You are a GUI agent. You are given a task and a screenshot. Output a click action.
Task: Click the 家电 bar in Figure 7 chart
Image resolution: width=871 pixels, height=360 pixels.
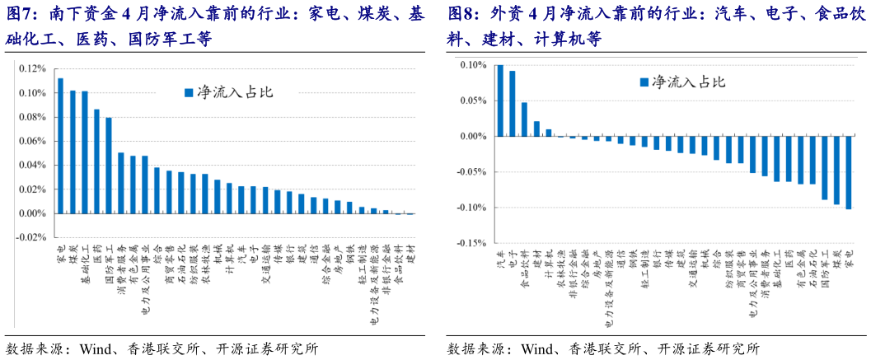(x=61, y=146)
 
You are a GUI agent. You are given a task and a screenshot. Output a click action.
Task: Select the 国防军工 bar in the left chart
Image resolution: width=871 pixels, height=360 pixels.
(x=109, y=166)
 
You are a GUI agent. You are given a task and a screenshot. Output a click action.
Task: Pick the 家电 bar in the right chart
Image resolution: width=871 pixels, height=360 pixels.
(x=849, y=172)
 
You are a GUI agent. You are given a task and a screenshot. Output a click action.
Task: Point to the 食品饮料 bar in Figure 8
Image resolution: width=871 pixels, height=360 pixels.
(x=524, y=119)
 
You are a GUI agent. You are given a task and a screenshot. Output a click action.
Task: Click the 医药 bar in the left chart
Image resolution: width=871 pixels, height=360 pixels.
(x=96, y=161)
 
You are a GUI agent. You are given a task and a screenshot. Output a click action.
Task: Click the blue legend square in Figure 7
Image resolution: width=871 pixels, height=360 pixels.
(x=188, y=92)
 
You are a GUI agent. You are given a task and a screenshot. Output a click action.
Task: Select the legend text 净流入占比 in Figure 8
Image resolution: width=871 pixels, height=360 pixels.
(x=688, y=82)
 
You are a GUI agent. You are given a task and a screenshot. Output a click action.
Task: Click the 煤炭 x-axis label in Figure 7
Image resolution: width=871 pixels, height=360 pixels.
(x=73, y=253)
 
